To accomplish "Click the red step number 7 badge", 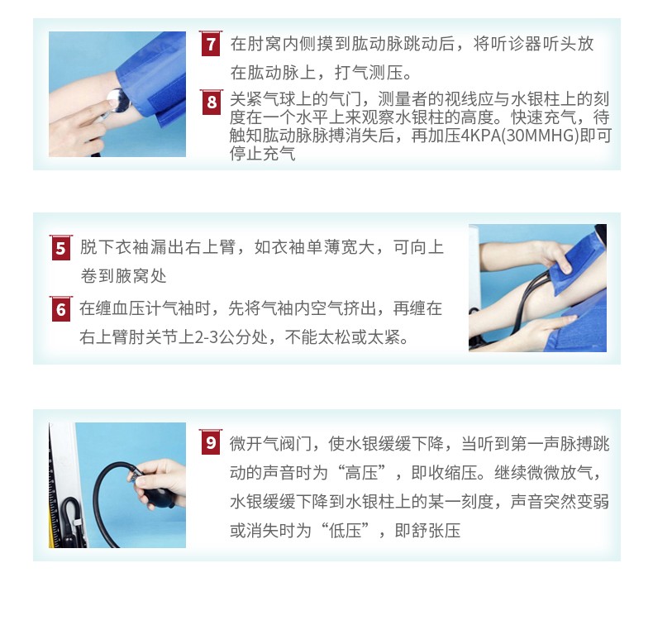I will point(211,44).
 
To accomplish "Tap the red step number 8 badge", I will point(212,103).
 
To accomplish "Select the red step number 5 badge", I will point(60,248).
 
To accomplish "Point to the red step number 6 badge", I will point(60,309).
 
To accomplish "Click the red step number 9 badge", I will point(211,444).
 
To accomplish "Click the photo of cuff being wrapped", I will point(537,287).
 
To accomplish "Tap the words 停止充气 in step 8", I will point(262,154).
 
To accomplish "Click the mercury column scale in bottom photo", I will point(55,488).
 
